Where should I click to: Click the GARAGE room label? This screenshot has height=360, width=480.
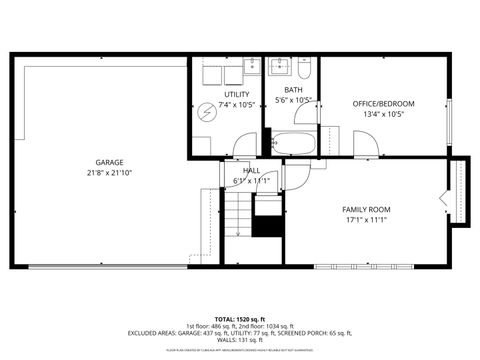coord(110,161)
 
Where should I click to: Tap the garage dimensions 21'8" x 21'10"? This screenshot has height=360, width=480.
coord(110,172)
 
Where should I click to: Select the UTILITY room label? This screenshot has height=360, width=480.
coord(237,94)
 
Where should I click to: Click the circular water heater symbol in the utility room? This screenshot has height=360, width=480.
coord(206,110)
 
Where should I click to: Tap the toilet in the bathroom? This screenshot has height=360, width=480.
coord(304,69)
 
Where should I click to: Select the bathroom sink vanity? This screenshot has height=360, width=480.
coord(279,68)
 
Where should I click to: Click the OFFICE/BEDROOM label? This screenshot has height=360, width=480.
coord(383,103)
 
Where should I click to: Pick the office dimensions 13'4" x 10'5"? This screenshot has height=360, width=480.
coord(383,114)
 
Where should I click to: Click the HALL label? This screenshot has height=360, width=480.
coord(252,171)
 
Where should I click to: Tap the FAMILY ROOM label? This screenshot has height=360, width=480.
coord(367,209)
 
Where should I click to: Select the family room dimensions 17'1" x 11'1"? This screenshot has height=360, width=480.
coord(367,219)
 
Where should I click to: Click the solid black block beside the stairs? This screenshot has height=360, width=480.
coord(267,225)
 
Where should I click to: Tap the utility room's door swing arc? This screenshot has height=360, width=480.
coord(244,145)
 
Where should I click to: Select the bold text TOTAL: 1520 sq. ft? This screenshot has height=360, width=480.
coord(239,318)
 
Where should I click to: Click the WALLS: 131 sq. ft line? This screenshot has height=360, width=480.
coord(239,340)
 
